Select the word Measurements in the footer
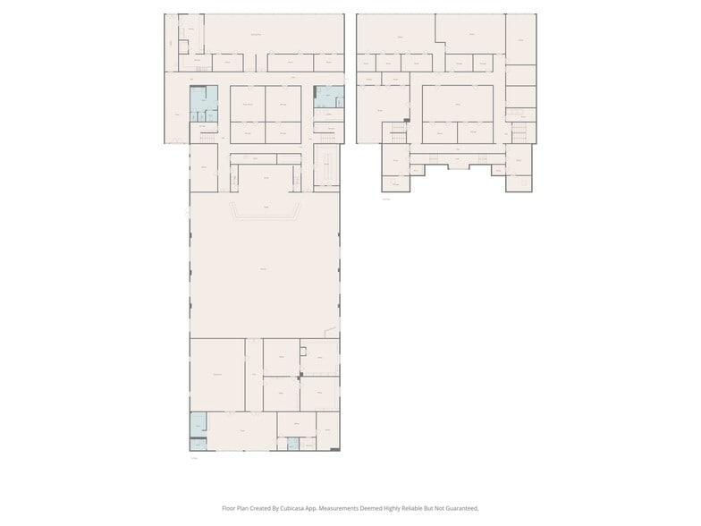[x=343, y=508]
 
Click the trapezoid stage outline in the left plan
[x=265, y=212]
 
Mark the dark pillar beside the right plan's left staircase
[x=407, y=120]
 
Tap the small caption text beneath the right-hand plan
[x=386, y=199]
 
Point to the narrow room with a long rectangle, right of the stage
[x=326, y=170]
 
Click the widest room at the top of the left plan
[x=272, y=33]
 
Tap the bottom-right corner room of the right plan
[x=519, y=182]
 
